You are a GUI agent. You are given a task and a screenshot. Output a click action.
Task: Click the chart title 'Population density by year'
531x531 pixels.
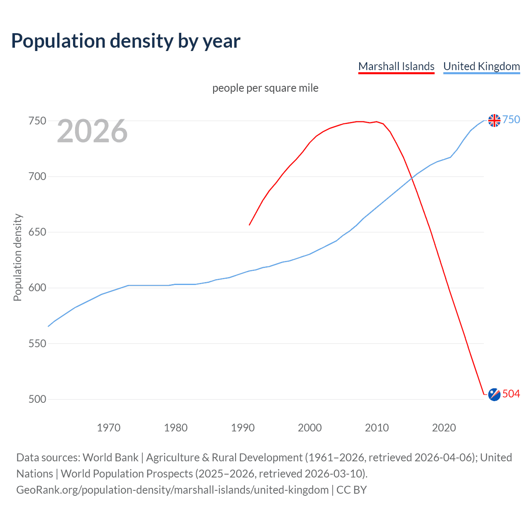126,41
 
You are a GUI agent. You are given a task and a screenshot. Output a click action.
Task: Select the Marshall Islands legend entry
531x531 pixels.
396,66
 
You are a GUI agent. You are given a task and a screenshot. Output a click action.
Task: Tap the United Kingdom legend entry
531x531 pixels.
481,66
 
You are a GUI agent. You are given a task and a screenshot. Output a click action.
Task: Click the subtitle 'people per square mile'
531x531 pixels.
265,88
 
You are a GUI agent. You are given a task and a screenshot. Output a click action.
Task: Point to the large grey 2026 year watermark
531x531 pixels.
92,131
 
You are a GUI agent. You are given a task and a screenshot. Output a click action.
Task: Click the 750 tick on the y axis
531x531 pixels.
37,121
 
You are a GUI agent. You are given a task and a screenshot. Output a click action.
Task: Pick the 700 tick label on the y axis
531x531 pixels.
37,177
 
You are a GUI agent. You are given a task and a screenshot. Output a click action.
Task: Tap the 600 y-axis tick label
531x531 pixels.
37,288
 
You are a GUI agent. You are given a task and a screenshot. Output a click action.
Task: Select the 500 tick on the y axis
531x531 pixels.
37,399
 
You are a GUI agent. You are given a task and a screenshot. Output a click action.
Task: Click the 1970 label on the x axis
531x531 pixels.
109,428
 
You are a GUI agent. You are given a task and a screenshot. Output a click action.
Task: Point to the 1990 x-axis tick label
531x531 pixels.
243,428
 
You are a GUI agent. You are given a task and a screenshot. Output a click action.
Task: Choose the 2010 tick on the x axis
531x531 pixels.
377,428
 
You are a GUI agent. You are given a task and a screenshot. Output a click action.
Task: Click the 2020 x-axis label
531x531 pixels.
444,428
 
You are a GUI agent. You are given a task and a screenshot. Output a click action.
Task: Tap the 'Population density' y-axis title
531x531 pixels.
17,257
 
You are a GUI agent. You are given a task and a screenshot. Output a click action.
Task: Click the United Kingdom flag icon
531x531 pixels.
494,120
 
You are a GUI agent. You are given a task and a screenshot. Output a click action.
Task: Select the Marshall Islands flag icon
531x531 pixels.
494,395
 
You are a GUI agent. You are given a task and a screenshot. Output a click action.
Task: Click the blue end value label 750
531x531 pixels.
511,120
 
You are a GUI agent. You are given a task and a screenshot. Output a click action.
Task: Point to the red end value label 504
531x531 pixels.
511,394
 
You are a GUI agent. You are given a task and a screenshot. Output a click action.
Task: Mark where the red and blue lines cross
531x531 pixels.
412,178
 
